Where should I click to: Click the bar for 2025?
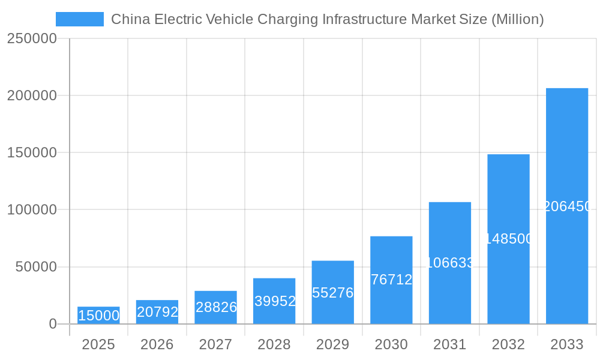(x=98, y=316)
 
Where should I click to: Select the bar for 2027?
(x=215, y=307)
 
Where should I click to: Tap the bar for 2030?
(x=391, y=280)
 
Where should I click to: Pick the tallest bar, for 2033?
(x=566, y=206)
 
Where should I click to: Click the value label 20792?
(x=157, y=312)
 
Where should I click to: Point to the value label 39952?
(x=275, y=301)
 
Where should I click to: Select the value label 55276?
(x=333, y=293)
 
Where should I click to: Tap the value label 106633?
(x=450, y=263)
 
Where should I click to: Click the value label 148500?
(x=509, y=239)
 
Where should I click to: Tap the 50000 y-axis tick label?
(x=36, y=267)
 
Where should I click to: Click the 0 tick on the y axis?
(x=53, y=325)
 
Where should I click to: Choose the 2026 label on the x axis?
(x=157, y=344)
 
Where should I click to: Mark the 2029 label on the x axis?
(x=333, y=344)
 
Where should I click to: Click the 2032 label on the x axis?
(x=508, y=344)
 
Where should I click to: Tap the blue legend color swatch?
(x=80, y=19)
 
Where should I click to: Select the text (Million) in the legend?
(x=517, y=19)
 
